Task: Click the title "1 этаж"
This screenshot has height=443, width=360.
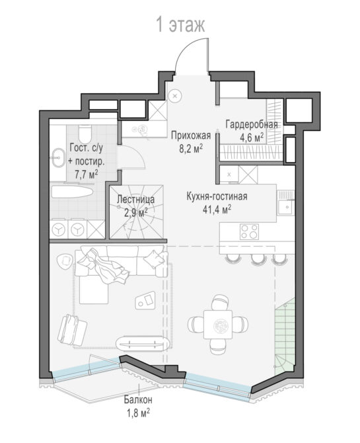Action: pyautogui.click(x=180, y=24)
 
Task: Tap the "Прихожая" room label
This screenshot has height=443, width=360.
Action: pyautogui.click(x=191, y=136)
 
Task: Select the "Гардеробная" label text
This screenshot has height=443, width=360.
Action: pyautogui.click(x=252, y=124)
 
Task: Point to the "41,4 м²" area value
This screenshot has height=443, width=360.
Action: pyautogui.click(x=217, y=210)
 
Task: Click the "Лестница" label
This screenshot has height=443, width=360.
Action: pyautogui.click(x=136, y=199)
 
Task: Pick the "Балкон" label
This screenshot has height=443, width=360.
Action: pyautogui.click(x=138, y=399)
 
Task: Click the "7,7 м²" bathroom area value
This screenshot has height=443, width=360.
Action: pyautogui.click(x=87, y=175)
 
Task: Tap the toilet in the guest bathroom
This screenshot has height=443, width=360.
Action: pyautogui.click(x=85, y=134)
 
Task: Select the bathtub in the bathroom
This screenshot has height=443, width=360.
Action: pyautogui.click(x=72, y=192)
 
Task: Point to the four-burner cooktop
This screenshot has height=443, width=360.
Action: pyautogui.click(x=249, y=231)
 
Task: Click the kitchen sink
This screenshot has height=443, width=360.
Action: pyautogui.click(x=286, y=207)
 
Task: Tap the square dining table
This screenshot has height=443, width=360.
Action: pyautogui.click(x=218, y=325)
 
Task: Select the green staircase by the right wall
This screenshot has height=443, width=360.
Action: pyautogui.click(x=285, y=336)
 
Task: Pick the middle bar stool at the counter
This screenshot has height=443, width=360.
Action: pyautogui.click(x=258, y=259)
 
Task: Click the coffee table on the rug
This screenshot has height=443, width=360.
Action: pyautogui.click(x=145, y=300)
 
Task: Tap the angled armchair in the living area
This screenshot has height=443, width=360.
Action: pyautogui.click(x=72, y=331)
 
